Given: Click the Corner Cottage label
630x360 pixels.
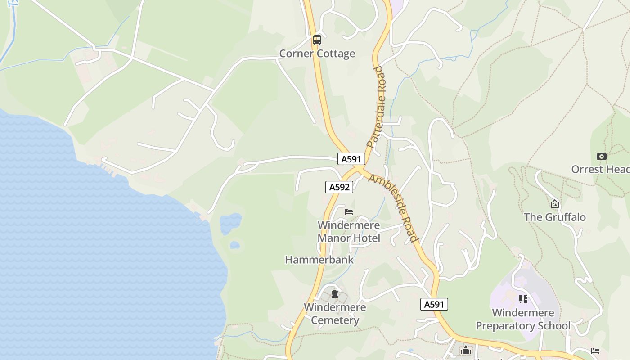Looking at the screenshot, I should tap(317, 54).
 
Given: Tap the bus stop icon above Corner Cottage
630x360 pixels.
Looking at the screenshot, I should tap(317, 40).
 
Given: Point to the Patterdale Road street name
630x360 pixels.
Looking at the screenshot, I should tap(376, 108).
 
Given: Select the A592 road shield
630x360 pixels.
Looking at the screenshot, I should tap(339, 187).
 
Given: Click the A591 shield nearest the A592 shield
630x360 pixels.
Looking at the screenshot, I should tap(351, 159).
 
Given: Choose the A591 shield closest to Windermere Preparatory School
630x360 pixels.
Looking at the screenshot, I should tap(434, 304).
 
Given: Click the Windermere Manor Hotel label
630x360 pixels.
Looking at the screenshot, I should tap(349, 232).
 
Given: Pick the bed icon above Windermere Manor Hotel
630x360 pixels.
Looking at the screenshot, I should tap(349, 212).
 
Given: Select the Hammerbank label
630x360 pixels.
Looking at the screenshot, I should tap(319, 260).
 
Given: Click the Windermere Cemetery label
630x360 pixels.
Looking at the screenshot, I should tap(335, 314).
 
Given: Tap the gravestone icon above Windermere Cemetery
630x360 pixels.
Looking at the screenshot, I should tap(335, 294).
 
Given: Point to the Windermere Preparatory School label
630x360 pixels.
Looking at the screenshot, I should tap(523, 319).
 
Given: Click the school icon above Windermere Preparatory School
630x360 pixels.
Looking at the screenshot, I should tap(523, 299).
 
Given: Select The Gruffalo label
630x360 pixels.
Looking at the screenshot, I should tap(555, 217).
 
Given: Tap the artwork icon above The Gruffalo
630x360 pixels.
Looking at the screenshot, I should tap(555, 204).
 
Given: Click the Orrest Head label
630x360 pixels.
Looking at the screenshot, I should tap(600, 169).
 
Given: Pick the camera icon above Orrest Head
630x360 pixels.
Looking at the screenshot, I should tap(601, 156).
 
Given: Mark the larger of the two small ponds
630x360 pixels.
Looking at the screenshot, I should tap(230, 223).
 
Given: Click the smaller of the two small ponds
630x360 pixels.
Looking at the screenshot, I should tap(234, 245).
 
